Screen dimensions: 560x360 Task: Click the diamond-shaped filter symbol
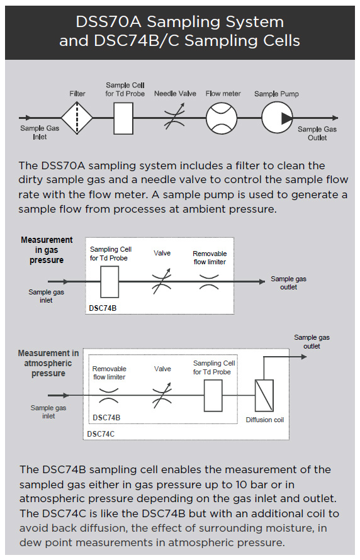[x=77, y=117]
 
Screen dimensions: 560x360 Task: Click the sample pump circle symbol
[x=277, y=117]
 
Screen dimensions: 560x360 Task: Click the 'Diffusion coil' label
[x=265, y=420]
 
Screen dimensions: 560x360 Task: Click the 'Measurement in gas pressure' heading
[x=47, y=250]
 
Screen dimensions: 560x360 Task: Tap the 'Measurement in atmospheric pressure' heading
[x=48, y=363]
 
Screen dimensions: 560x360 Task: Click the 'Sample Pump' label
[x=276, y=94]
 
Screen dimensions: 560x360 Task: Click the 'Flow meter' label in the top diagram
[x=223, y=94]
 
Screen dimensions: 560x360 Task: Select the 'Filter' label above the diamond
[x=77, y=94]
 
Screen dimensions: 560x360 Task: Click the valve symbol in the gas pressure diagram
[x=162, y=281]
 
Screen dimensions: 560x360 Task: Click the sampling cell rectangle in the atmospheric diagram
[x=214, y=396]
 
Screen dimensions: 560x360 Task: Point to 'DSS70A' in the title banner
[x=101, y=22]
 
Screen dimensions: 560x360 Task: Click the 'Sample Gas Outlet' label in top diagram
[x=317, y=133]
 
